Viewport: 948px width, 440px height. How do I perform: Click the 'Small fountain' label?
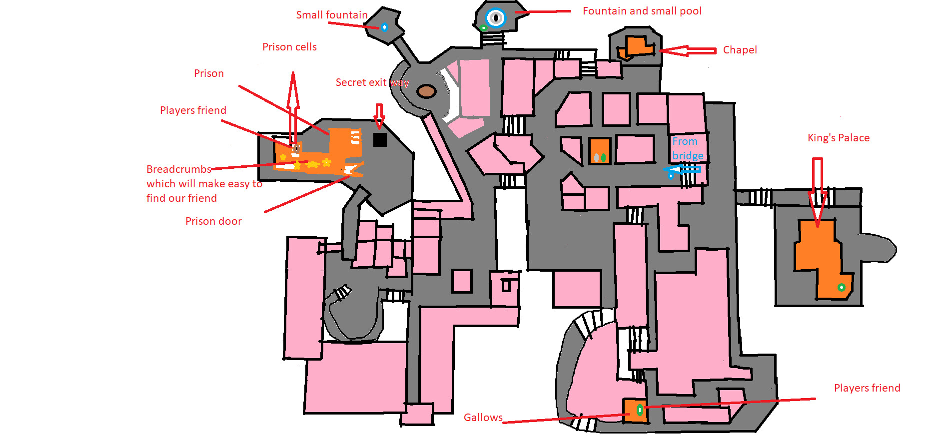point(331,15)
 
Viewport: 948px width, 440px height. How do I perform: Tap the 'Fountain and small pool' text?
point(642,11)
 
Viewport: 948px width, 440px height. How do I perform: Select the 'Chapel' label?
point(740,50)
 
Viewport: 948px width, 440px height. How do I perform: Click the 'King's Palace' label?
point(838,138)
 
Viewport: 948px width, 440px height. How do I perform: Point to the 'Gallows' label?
point(483,418)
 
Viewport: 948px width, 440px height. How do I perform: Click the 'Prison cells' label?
point(289,47)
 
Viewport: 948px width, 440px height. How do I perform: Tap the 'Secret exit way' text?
point(372,82)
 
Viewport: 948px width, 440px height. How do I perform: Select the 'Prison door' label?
point(213,221)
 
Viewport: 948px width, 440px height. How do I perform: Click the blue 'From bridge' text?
point(687,148)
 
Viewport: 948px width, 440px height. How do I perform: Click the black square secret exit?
point(380,140)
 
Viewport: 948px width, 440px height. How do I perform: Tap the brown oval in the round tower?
point(426,91)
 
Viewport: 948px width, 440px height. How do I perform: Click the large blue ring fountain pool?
point(496,18)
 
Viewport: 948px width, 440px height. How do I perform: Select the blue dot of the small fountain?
point(384,27)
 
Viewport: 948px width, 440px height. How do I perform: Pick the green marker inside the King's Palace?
point(841,287)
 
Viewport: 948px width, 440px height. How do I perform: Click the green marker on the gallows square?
point(639,410)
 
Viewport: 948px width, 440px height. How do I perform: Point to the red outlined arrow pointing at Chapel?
point(688,50)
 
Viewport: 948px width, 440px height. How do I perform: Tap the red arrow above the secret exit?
point(379,115)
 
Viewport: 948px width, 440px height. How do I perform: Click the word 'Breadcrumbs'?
point(178,169)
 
